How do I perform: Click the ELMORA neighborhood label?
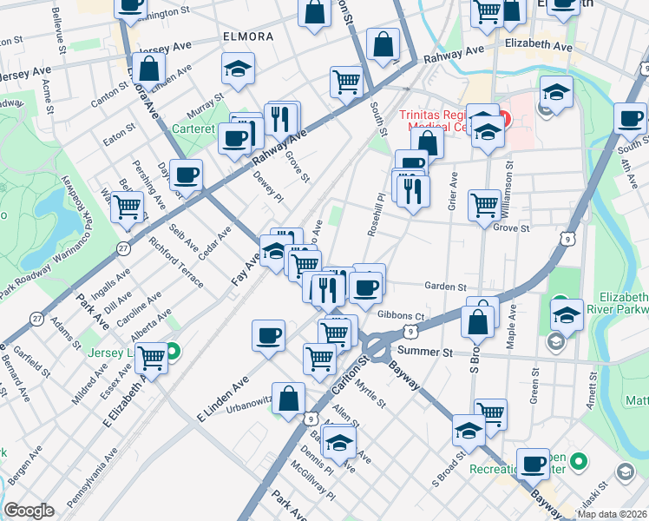[x=247, y=37]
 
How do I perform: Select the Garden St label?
[x=445, y=287]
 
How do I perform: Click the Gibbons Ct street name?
[x=398, y=315]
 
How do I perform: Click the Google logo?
[x=29, y=511]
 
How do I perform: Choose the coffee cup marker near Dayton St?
[x=186, y=175]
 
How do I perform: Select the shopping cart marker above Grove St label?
[x=484, y=205]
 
